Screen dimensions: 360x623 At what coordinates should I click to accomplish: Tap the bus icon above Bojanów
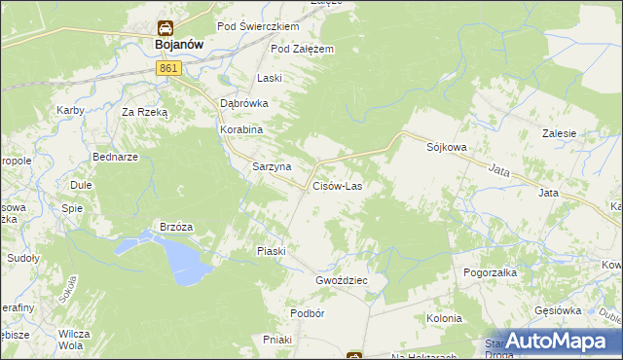(166, 28)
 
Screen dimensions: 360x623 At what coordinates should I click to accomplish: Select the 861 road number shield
(168, 68)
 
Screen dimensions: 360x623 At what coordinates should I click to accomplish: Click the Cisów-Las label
(337, 185)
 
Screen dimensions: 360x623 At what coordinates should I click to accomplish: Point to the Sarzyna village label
(272, 166)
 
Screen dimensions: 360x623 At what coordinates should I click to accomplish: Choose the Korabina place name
(242, 128)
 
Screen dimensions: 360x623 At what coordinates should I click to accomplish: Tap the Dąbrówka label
(242, 102)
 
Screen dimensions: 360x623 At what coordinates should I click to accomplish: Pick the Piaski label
(271, 251)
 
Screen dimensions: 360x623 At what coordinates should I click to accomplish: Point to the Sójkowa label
(447, 147)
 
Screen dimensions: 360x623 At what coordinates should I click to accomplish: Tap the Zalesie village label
(560, 134)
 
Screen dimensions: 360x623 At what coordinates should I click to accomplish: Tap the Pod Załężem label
(303, 49)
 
